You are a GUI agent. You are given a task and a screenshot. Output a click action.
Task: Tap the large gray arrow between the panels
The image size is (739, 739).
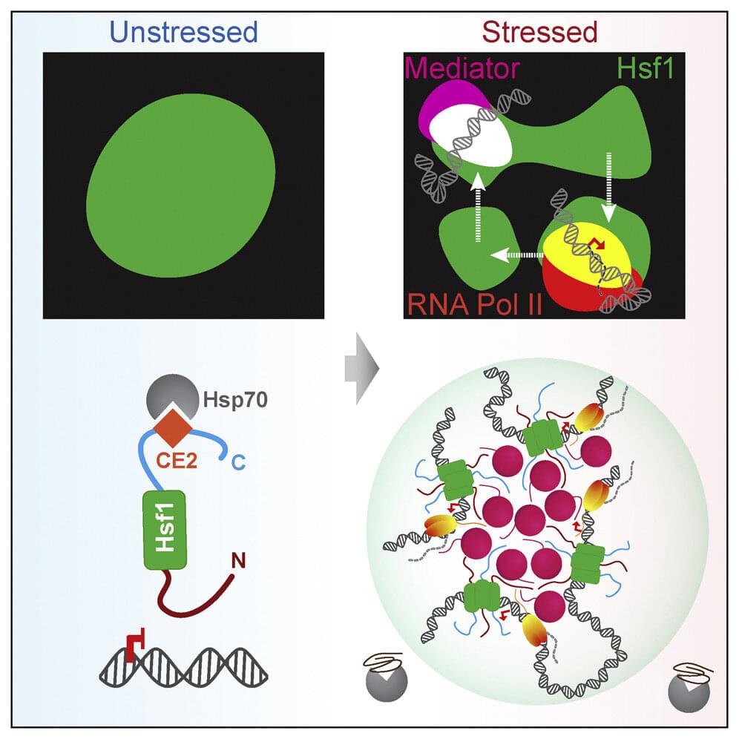362,369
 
